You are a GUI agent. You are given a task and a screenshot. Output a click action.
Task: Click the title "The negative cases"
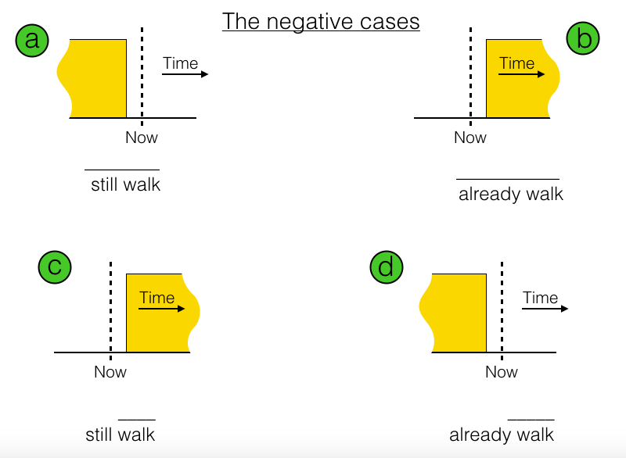click(x=321, y=21)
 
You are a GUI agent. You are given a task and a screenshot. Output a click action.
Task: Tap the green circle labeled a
click(x=32, y=39)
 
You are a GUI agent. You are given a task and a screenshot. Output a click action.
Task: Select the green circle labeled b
click(x=583, y=39)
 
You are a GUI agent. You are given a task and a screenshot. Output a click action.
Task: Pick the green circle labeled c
click(x=55, y=267)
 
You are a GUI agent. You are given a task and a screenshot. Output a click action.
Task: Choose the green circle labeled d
click(x=386, y=267)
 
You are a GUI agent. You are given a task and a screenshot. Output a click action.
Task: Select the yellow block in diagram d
click(x=458, y=313)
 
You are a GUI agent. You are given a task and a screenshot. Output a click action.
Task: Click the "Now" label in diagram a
click(x=142, y=138)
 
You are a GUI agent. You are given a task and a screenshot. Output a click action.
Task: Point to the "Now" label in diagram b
click(x=470, y=138)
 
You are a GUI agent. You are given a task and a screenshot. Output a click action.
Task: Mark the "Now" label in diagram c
click(x=110, y=372)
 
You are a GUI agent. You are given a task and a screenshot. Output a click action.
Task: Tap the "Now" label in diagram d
click(x=502, y=372)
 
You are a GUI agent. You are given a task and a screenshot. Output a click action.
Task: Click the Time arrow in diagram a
click(x=185, y=73)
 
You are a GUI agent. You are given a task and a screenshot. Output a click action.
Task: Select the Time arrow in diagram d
click(x=545, y=308)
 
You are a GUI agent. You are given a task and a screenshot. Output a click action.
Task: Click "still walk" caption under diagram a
click(x=125, y=185)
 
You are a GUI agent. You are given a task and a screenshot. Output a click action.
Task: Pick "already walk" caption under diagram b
click(x=511, y=194)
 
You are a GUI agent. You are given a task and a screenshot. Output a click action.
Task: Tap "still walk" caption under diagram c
click(x=121, y=435)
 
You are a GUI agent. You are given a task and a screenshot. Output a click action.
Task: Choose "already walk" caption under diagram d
click(x=502, y=435)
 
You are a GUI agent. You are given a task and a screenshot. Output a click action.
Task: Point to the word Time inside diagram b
click(x=517, y=63)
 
